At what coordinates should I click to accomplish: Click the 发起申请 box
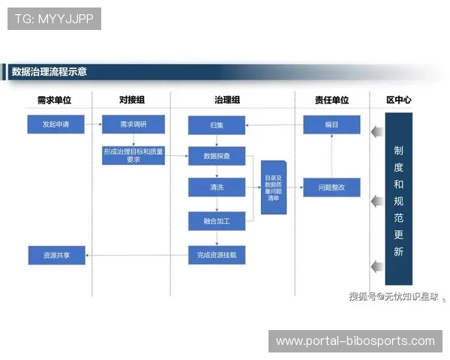point(56,124)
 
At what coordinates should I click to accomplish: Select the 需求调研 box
point(133,124)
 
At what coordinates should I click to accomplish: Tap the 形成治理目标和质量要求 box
point(133,155)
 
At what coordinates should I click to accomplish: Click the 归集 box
point(217,124)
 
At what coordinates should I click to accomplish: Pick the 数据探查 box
point(217,156)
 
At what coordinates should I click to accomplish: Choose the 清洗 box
point(217,187)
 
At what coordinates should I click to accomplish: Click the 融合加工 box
point(217,221)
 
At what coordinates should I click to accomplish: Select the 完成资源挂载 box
point(217,255)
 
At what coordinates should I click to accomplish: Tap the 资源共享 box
point(56,255)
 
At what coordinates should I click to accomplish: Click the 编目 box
point(331,124)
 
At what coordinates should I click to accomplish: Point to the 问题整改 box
point(331,187)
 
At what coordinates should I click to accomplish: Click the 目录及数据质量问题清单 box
point(273,187)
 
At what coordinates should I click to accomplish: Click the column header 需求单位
point(55,100)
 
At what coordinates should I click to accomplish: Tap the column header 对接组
point(132,100)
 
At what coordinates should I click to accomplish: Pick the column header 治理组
point(227,100)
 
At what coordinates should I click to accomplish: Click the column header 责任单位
point(331,100)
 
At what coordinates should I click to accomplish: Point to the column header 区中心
point(398,100)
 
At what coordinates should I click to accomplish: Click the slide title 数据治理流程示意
point(49,72)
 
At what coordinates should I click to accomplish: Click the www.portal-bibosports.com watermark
point(355,341)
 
